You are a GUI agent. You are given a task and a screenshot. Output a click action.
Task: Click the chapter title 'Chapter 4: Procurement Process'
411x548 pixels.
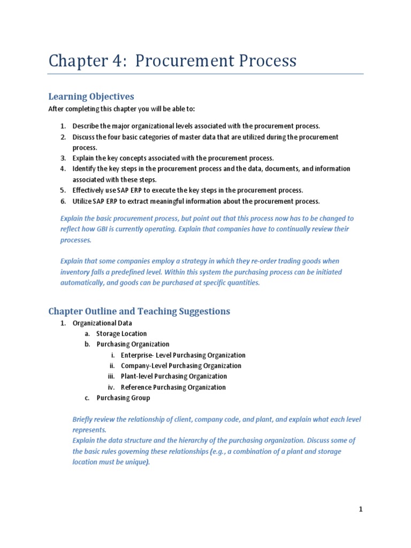172,60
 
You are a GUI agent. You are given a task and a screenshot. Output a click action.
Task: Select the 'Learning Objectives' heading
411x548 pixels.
91,96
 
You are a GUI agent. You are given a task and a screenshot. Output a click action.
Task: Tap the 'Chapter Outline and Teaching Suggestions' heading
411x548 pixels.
139,311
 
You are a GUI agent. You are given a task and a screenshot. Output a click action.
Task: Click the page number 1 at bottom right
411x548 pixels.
361,509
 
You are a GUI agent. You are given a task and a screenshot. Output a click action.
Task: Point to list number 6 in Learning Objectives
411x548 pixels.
63,201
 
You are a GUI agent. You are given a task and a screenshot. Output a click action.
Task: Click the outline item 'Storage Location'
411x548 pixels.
121,334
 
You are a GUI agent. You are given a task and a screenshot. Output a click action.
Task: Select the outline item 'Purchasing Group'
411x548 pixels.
123,398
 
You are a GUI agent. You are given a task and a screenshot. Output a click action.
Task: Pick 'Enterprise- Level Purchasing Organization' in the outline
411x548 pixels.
183,355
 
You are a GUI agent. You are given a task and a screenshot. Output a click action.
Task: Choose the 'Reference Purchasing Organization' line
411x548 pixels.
173,387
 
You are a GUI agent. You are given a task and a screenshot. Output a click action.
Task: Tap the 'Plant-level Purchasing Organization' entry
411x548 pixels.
173,377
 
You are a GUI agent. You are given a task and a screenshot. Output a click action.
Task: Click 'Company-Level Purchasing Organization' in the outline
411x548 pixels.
181,366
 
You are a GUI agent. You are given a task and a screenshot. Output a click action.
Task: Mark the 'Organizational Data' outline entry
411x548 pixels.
102,323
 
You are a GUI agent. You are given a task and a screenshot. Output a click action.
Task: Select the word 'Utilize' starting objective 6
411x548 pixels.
83,201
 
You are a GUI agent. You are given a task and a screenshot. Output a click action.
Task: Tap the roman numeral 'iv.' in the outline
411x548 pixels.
111,387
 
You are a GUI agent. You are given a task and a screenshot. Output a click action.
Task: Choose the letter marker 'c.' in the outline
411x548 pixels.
87,398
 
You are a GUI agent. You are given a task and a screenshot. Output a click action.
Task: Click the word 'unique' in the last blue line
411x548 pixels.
136,462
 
